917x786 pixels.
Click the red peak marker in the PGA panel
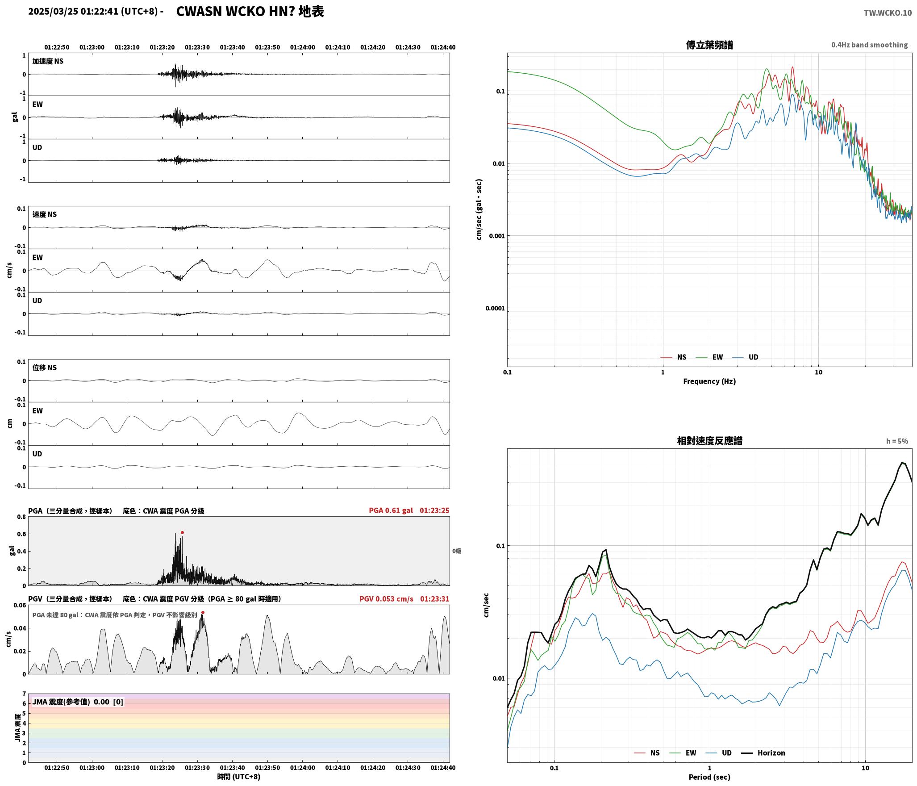coord(182,532)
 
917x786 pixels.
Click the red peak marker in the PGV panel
coord(203,613)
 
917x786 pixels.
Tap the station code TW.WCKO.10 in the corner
coord(888,13)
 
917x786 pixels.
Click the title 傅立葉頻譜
coord(709,45)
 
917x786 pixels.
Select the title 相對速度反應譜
coord(709,441)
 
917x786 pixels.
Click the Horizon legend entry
coord(763,753)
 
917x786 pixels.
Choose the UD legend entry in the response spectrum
coord(718,753)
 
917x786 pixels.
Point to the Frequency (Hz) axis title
coord(709,381)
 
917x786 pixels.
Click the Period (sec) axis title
coord(709,777)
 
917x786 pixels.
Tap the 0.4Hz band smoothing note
coord(869,45)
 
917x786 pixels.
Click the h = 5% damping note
coord(897,441)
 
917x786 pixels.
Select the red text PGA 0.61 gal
coord(391,510)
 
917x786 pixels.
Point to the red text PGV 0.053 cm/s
coord(386,599)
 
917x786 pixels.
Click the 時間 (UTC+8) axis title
coord(238,777)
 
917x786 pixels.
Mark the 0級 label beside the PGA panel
coord(457,551)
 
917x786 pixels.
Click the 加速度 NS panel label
coord(48,61)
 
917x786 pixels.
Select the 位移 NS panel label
coord(45,368)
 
